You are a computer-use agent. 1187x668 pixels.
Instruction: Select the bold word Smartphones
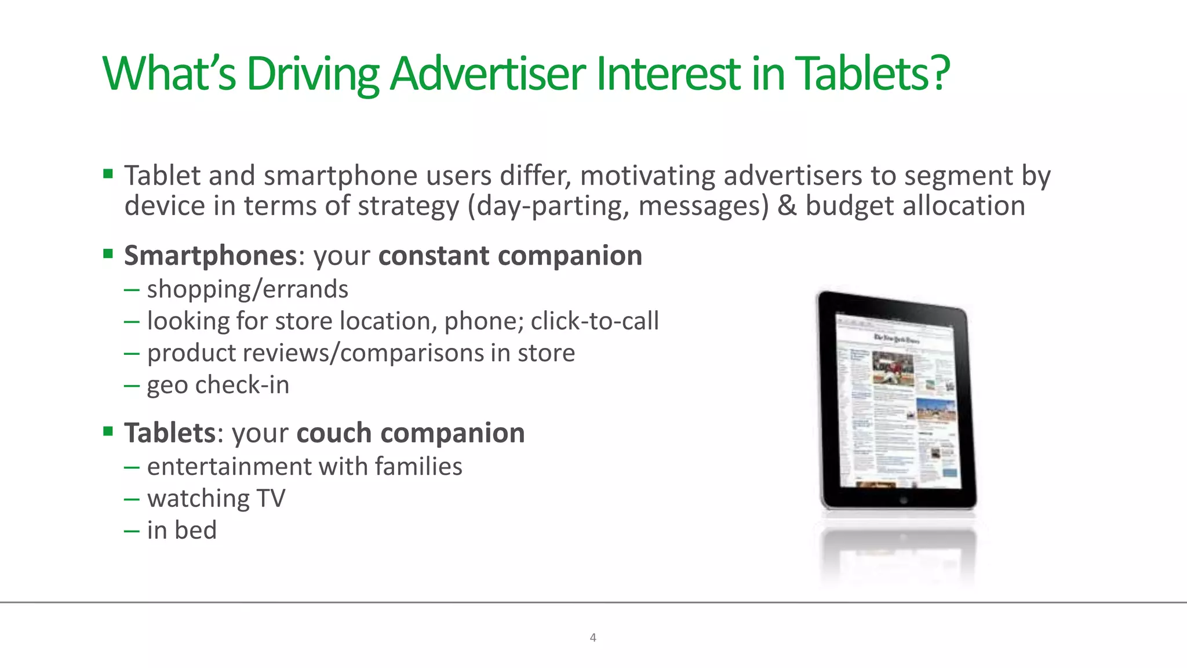click(210, 256)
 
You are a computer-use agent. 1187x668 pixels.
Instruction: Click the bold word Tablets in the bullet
click(170, 433)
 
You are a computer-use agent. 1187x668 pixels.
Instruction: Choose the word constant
click(434, 256)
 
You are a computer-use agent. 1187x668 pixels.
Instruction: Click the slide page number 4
click(593, 638)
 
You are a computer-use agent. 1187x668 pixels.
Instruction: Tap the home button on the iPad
click(903, 500)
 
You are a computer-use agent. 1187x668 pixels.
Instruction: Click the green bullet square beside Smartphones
click(108, 253)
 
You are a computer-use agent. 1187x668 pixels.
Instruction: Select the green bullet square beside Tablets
click(108, 431)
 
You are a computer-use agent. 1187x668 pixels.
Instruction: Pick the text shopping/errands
click(247, 289)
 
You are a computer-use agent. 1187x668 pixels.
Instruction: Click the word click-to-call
click(595, 321)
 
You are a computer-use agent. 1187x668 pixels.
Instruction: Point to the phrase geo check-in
click(218, 385)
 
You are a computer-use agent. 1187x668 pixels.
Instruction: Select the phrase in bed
click(182, 530)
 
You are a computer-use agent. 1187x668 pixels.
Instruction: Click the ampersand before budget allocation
click(787, 206)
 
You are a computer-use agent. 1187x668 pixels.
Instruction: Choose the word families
click(418, 466)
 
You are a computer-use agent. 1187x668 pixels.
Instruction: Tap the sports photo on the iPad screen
click(893, 368)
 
